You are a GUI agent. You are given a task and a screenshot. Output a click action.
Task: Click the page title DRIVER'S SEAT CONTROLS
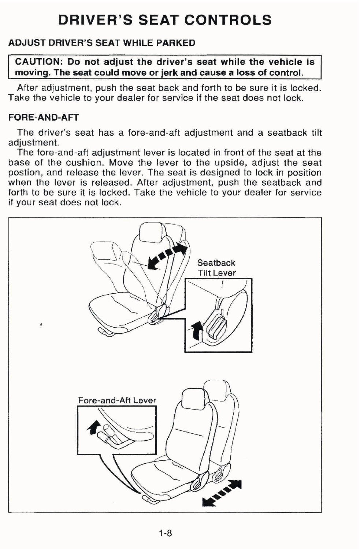(165, 20)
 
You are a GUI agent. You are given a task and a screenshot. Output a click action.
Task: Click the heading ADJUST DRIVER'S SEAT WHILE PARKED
(102, 43)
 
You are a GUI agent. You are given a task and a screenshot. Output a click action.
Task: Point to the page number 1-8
(165, 533)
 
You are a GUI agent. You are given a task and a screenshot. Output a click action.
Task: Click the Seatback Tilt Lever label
(216, 268)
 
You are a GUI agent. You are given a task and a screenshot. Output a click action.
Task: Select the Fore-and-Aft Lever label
(117, 400)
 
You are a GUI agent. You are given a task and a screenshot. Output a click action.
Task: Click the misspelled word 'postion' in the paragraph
(22, 173)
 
